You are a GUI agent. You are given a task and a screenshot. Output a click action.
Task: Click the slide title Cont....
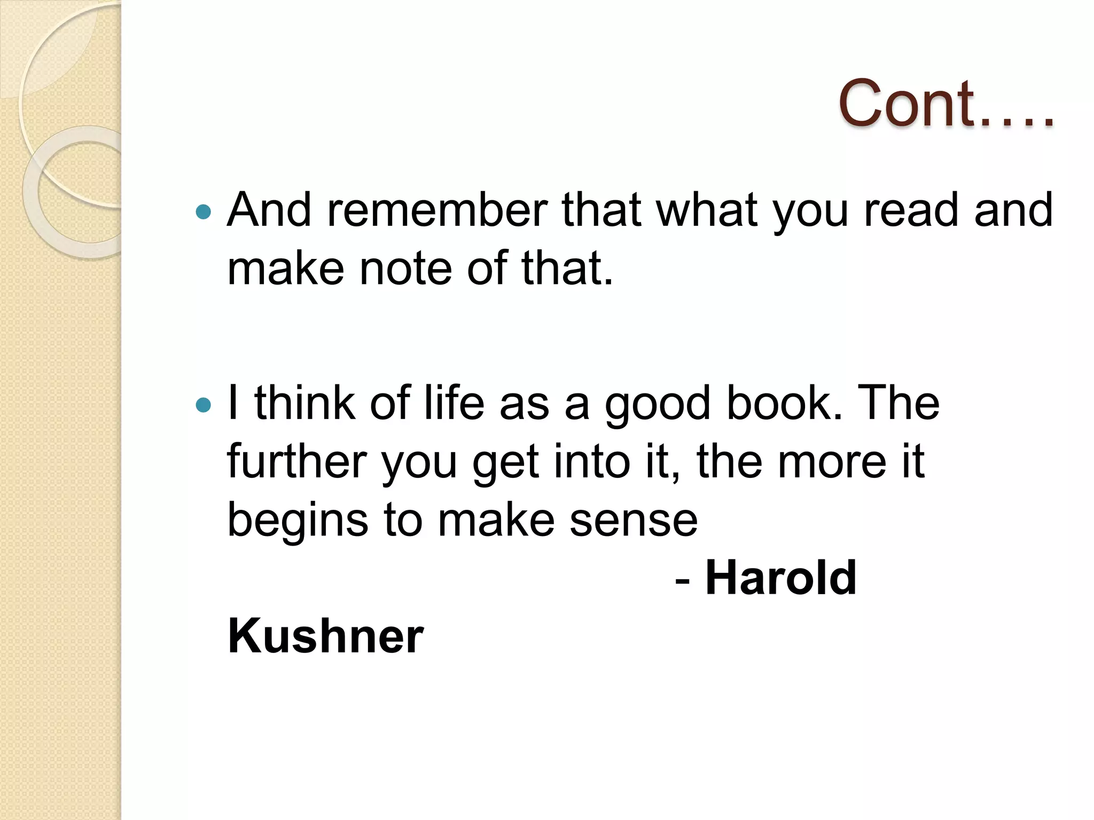[x=945, y=104]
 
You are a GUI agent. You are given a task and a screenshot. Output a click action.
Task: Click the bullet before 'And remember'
[x=204, y=212]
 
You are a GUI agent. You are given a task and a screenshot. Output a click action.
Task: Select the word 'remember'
[x=437, y=210]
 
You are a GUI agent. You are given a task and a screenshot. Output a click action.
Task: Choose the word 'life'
[x=454, y=404]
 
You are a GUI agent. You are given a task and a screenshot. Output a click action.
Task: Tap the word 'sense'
[x=634, y=521]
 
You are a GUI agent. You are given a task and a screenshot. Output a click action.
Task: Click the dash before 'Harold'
[x=682, y=580]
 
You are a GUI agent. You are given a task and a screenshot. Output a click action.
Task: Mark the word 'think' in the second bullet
[x=305, y=404]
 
